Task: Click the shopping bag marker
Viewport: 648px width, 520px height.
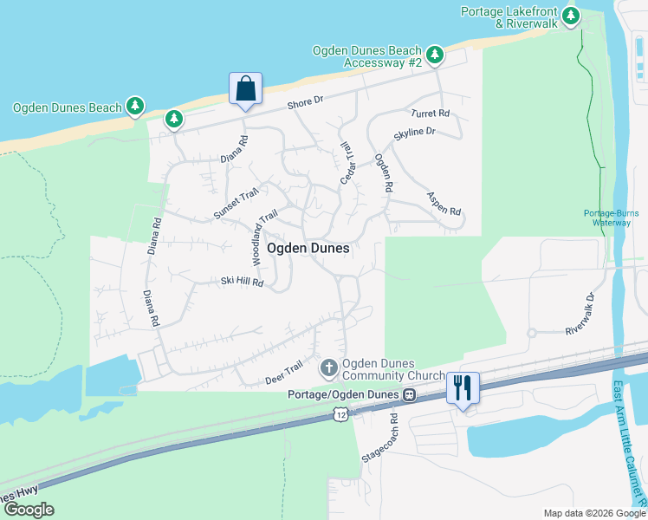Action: click(x=245, y=88)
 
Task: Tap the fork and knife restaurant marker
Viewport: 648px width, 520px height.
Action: click(x=463, y=387)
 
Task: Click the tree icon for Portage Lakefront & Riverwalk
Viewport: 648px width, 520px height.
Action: click(x=570, y=16)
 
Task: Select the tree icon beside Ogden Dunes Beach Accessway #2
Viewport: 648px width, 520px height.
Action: click(x=435, y=56)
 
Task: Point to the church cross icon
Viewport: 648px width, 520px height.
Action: click(x=328, y=369)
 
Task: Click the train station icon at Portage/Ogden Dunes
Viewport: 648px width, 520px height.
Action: click(x=408, y=394)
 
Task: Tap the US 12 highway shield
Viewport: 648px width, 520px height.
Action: click(x=341, y=417)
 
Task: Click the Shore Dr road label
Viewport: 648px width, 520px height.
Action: click(x=305, y=103)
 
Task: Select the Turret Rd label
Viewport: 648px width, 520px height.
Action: click(x=431, y=114)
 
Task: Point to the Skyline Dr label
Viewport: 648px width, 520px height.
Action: click(x=414, y=133)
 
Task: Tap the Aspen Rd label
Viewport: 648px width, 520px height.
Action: click(x=444, y=204)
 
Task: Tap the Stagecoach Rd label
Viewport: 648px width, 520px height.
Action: click(x=381, y=437)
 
